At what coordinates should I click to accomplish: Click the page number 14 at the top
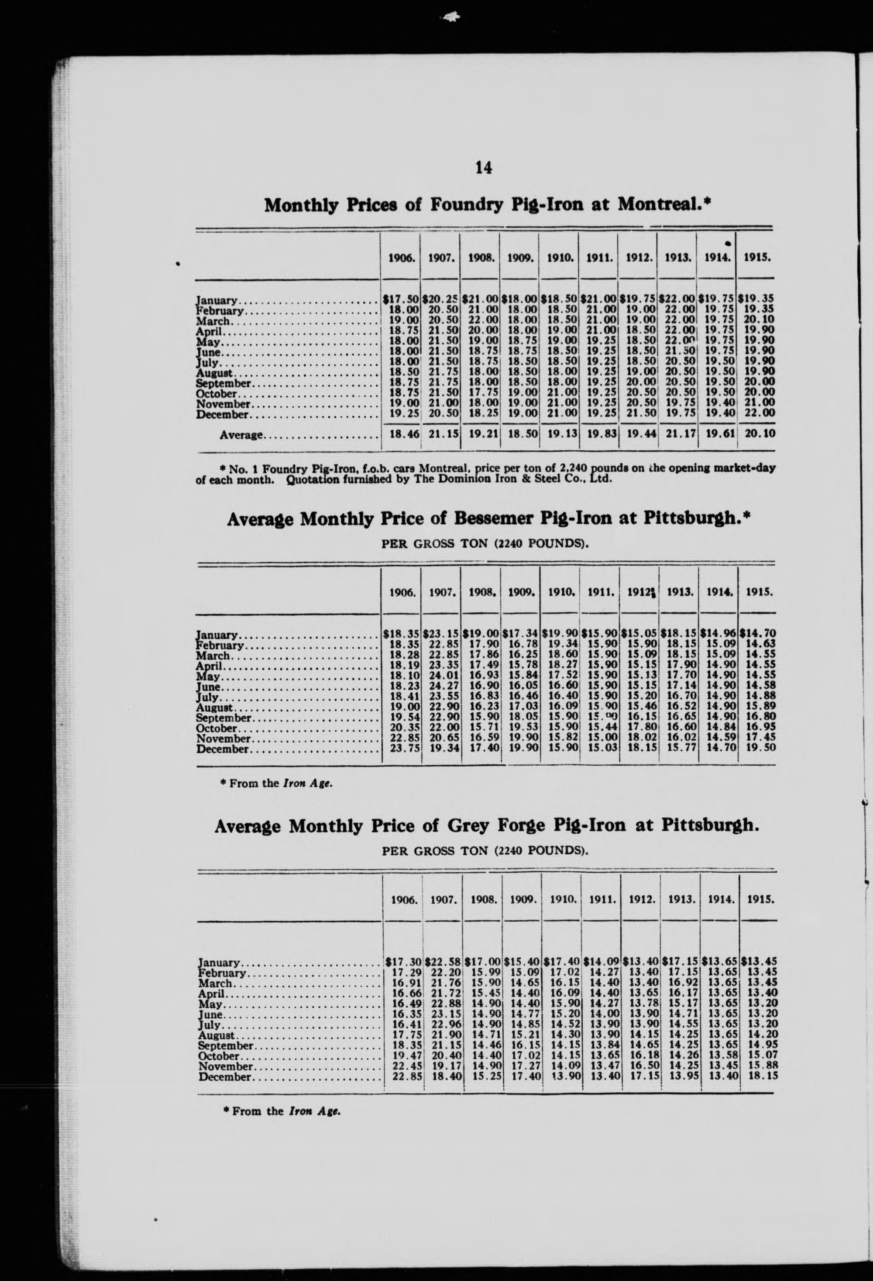pos(483,167)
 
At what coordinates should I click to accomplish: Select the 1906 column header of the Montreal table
pos(402,257)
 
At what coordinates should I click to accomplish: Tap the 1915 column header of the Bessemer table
pos(759,593)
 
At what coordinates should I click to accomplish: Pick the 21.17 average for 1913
pos(677,434)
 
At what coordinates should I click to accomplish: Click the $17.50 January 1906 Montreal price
pos(402,300)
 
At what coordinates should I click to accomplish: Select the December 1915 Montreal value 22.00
pos(760,412)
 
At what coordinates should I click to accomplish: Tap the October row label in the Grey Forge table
pos(220,1056)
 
